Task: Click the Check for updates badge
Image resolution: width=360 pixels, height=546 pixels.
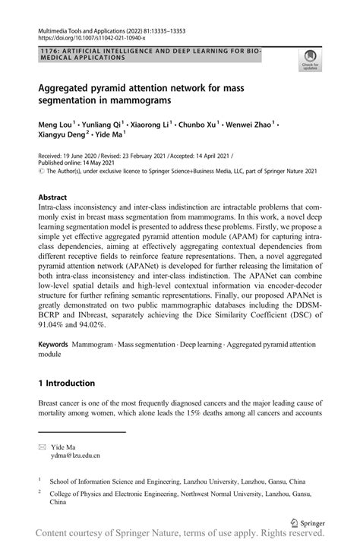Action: click(x=310, y=58)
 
